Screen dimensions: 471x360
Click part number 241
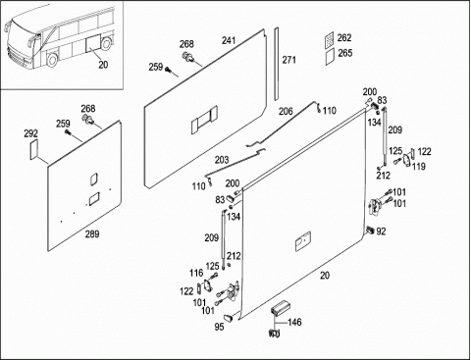pos(229,40)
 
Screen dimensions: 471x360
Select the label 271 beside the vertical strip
pos(288,60)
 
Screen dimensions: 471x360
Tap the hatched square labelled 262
pos(330,40)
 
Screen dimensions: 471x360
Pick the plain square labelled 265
pos(331,57)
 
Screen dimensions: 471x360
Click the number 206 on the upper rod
pos(286,112)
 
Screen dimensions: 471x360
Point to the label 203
pos(222,160)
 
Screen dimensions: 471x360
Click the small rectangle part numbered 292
pos(34,150)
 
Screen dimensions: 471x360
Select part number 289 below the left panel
pos(92,234)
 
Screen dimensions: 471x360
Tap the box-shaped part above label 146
pos(279,308)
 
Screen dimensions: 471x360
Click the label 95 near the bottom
pos(219,327)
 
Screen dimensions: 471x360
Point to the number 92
pos(381,231)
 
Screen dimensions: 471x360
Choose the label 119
pos(419,167)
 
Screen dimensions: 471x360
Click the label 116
pos(196,273)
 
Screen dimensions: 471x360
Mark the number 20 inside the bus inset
pos(103,65)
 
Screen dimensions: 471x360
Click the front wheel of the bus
pos(52,60)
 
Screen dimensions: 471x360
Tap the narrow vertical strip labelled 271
pos(276,64)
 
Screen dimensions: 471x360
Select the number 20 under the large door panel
pos(325,276)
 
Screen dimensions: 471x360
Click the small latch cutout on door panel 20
pos(303,241)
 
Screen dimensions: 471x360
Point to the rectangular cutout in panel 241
pos(204,120)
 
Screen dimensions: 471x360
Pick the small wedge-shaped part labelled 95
pos(228,317)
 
